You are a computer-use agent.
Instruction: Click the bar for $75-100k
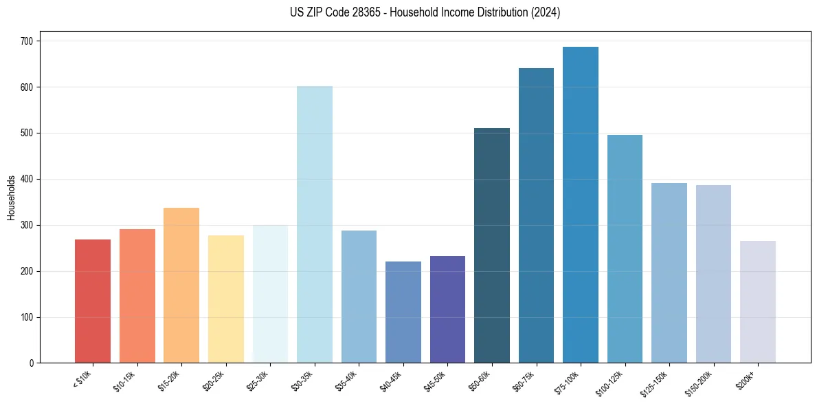(x=581, y=206)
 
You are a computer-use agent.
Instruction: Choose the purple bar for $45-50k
(x=447, y=310)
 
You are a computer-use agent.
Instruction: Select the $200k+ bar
(x=758, y=302)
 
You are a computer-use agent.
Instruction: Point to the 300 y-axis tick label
(x=27, y=225)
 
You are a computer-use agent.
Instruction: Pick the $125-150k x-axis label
(x=657, y=383)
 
